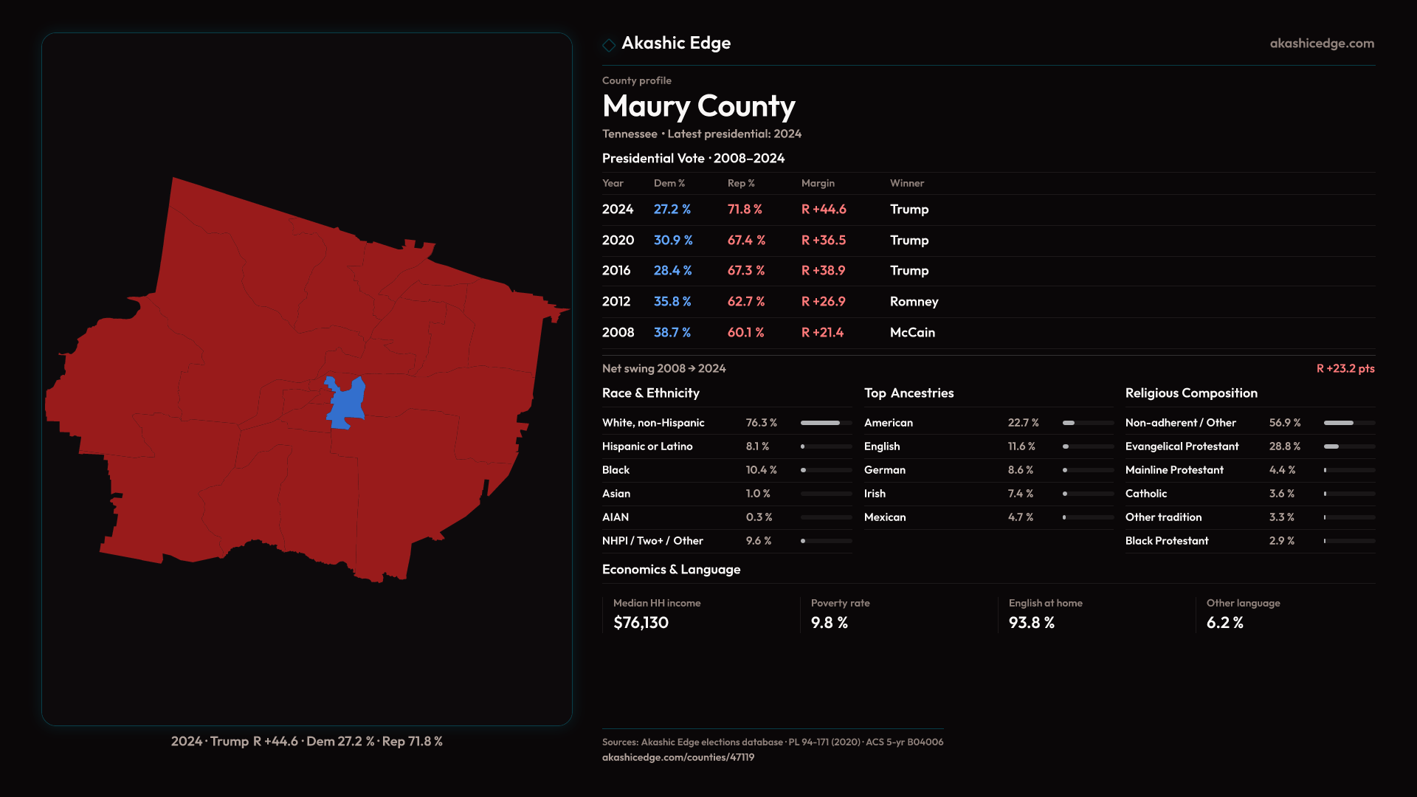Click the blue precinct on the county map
coord(345,403)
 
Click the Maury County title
coord(698,106)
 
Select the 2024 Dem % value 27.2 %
coord(672,210)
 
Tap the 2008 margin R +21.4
coord(822,333)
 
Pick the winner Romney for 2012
coord(914,302)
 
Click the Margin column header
coord(818,183)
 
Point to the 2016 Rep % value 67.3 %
coord(745,271)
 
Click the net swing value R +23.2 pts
coord(1345,368)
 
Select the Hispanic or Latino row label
coord(647,446)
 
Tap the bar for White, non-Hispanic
coord(825,423)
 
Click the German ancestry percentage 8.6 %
coord(1020,470)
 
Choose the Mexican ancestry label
coord(884,517)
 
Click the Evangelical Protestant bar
coord(1348,446)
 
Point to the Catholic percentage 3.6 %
coord(1281,494)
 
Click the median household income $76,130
coord(641,623)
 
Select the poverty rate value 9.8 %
coord(829,623)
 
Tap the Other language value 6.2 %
coord(1224,623)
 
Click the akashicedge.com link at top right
coord(1321,44)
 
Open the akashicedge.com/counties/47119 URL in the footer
coord(678,757)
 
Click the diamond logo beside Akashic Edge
coord(609,45)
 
